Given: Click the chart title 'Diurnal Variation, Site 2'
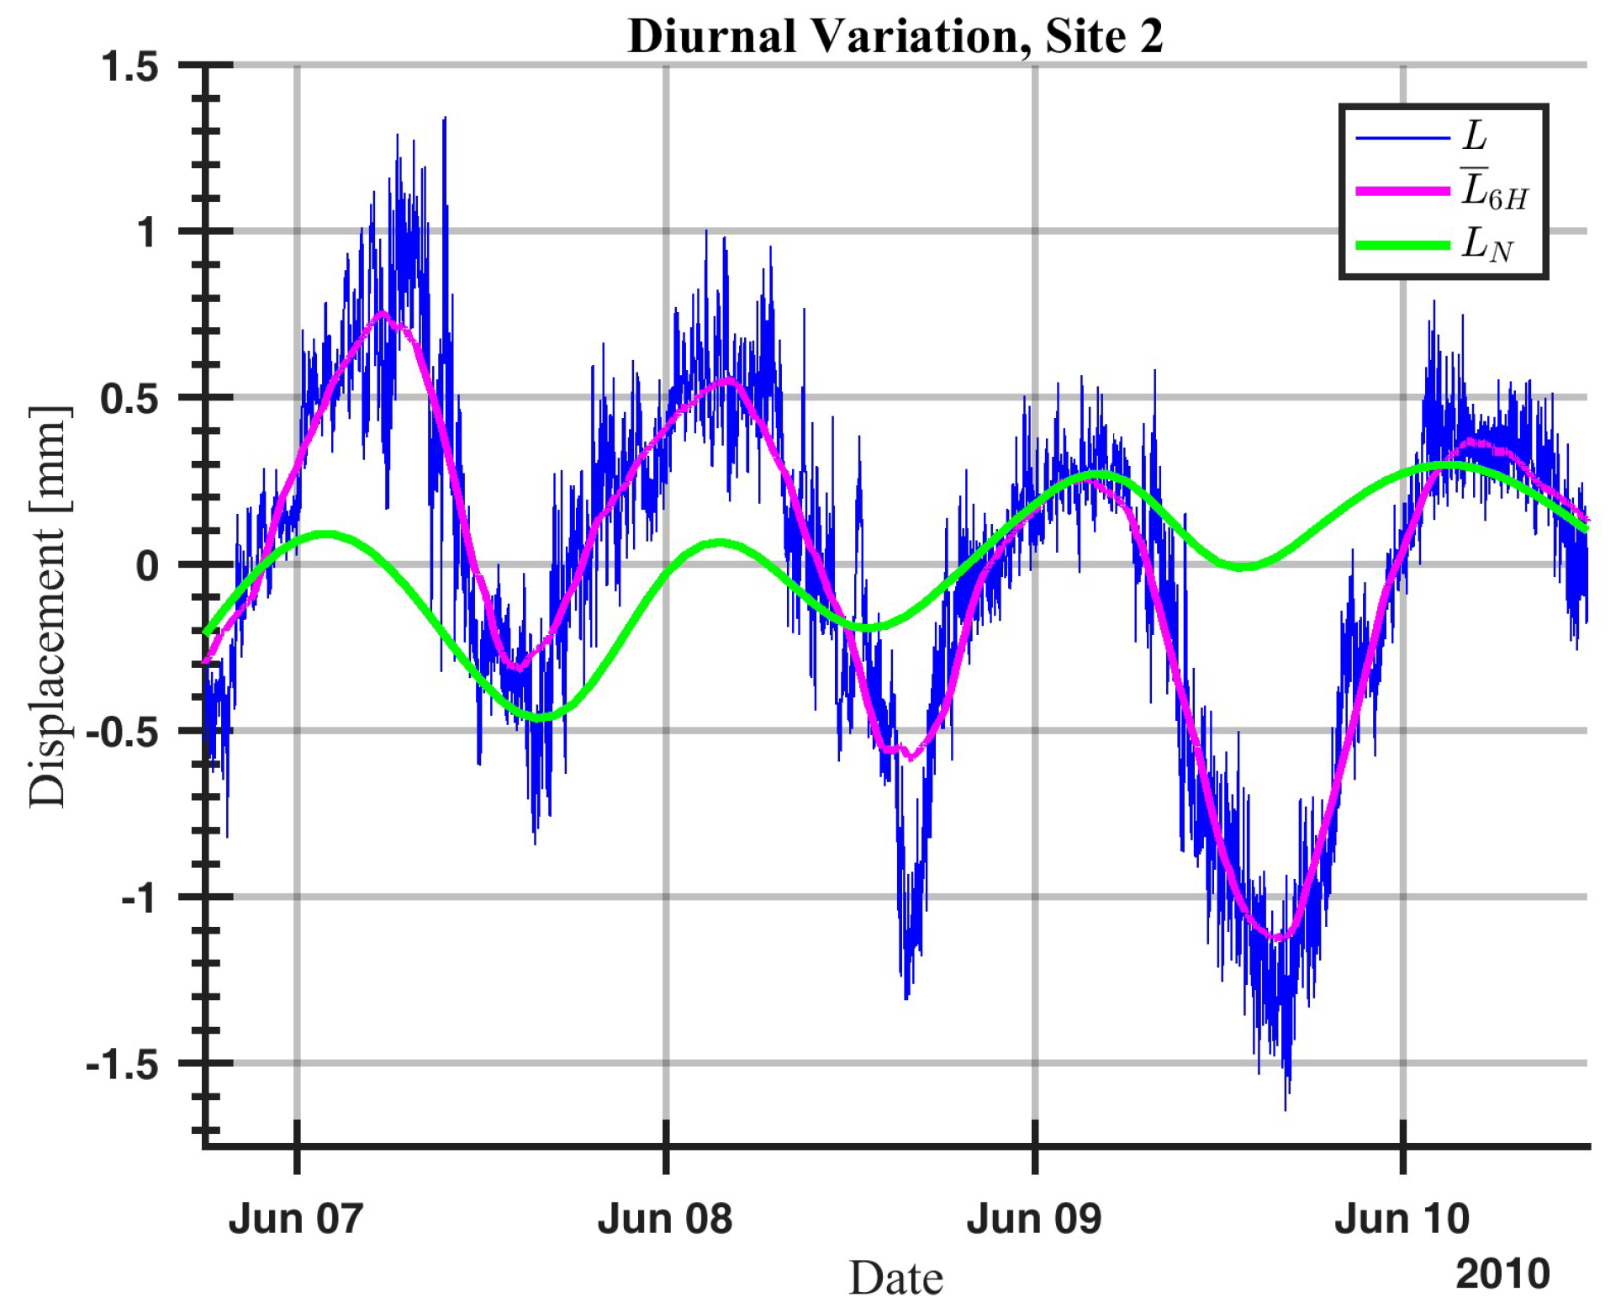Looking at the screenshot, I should click(x=895, y=36).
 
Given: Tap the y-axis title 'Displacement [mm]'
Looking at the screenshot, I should click(x=47, y=606).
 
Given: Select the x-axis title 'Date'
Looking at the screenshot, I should click(x=895, y=1279).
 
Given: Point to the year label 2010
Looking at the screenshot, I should click(x=1502, y=1273).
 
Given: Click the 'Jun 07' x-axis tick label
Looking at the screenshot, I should click(x=296, y=1219).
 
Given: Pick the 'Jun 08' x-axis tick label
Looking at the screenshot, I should click(x=665, y=1219).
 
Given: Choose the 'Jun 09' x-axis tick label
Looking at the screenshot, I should click(x=1033, y=1219).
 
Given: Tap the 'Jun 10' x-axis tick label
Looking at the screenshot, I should click(x=1402, y=1219).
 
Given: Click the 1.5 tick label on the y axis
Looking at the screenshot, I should click(x=130, y=67).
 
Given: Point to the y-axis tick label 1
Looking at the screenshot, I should click(x=148, y=232).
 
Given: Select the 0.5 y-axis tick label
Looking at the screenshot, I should click(x=130, y=399).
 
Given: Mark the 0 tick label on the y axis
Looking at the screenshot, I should click(x=147, y=565).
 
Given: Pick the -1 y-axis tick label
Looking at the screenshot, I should click(x=140, y=898).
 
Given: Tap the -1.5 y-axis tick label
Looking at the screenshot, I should click(x=123, y=1065).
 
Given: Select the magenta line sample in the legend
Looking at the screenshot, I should click(x=1402, y=192).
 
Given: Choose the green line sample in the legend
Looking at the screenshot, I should click(x=1402, y=246).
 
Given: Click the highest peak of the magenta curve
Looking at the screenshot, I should click(x=383, y=315).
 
